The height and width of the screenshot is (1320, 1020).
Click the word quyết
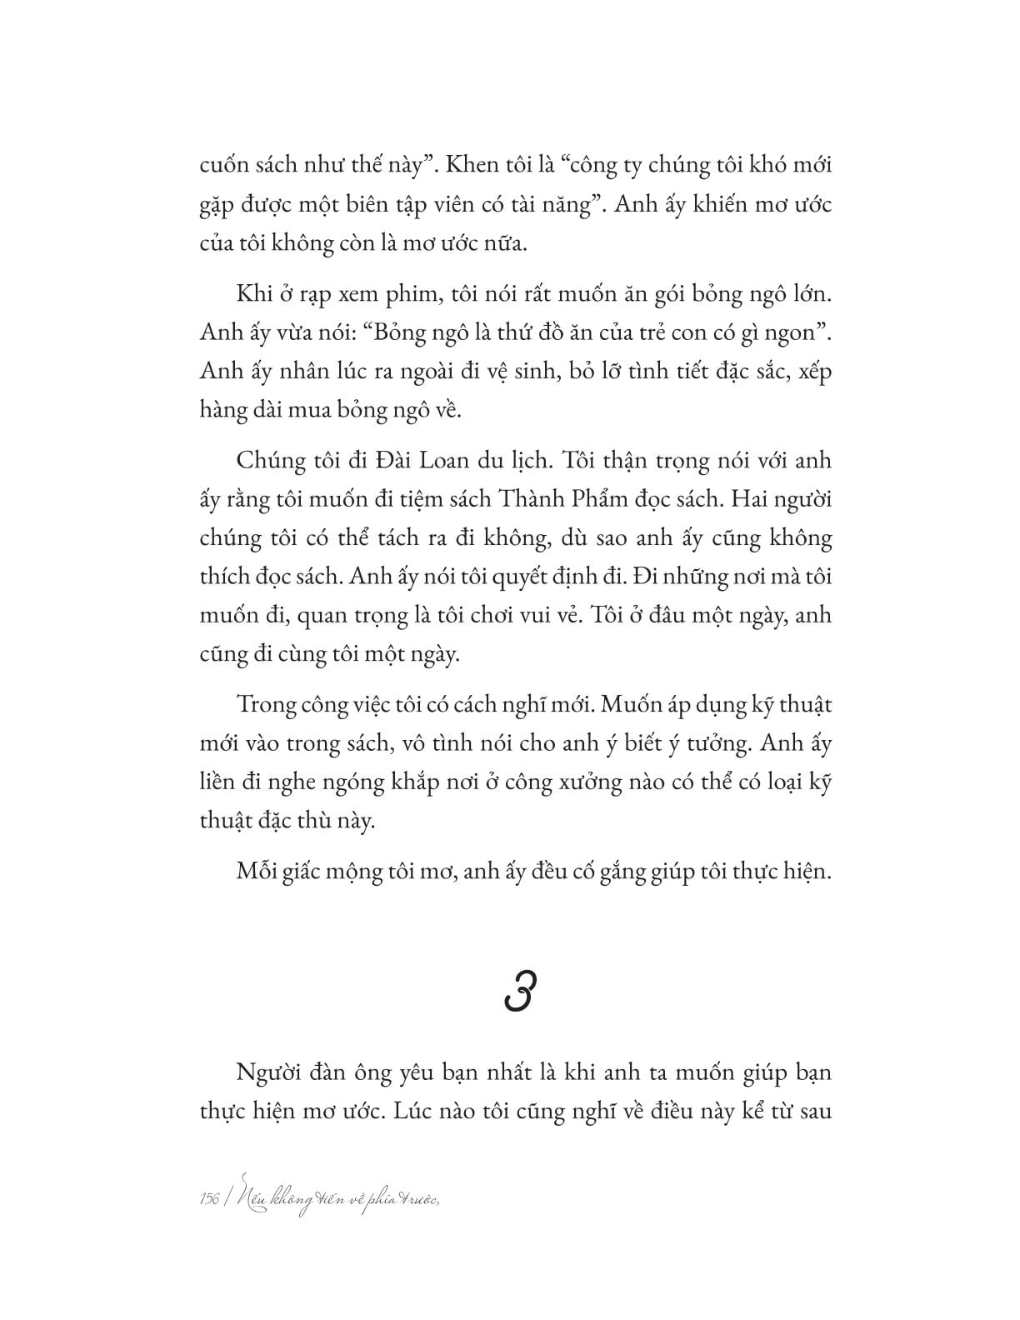pos(533,576)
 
